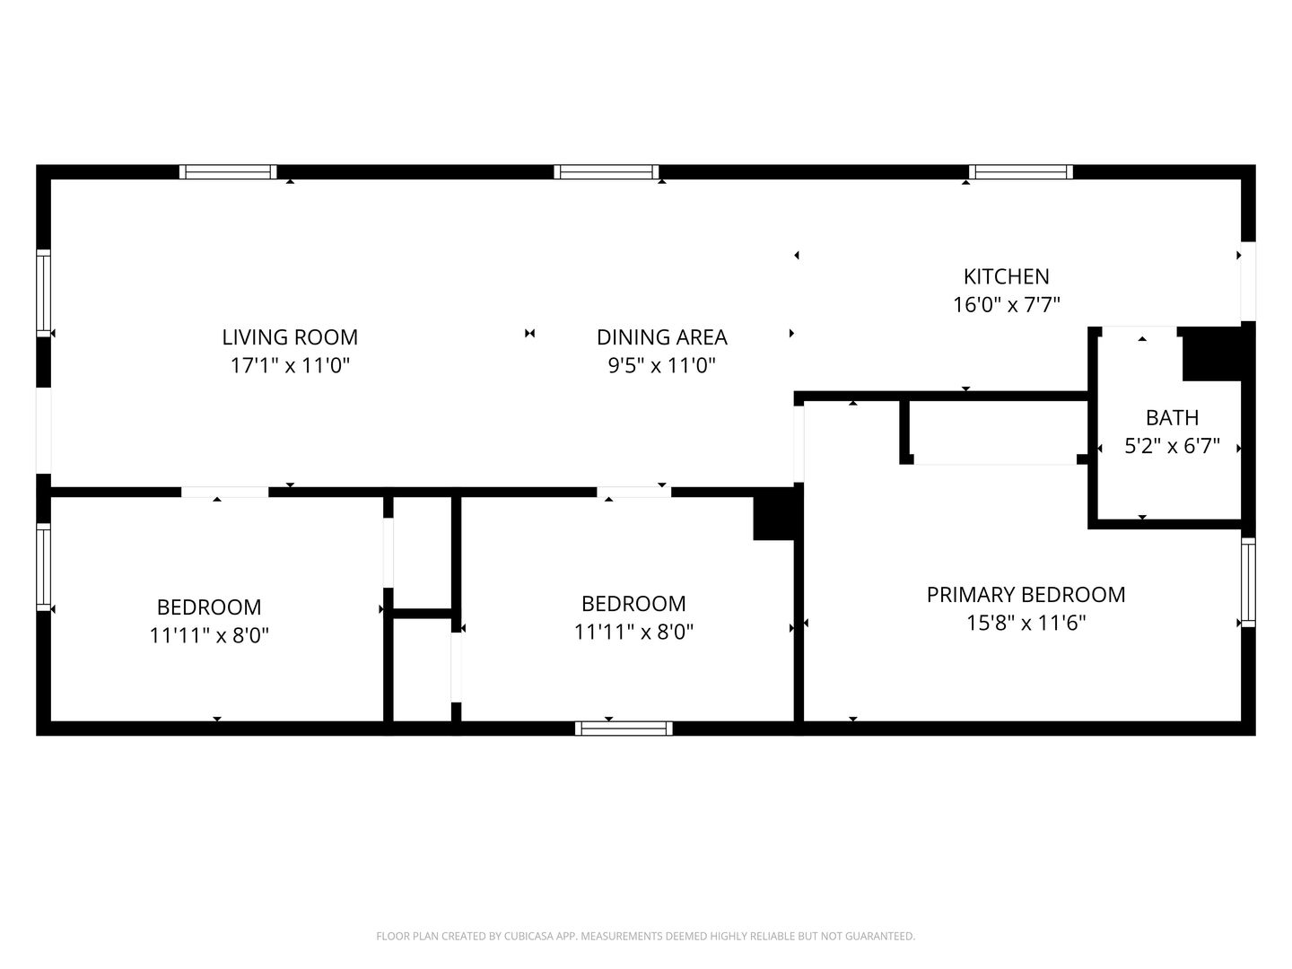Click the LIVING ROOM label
click(290, 337)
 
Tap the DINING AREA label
click(661, 337)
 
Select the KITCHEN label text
click(1006, 276)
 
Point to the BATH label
click(1172, 418)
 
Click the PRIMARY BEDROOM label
click(1026, 595)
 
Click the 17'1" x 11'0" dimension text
click(290, 365)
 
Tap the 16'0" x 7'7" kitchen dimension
click(1006, 305)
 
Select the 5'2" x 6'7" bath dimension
click(1172, 446)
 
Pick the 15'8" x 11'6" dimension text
click(1026, 623)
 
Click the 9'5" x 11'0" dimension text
click(661, 365)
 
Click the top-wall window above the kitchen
click(1021, 171)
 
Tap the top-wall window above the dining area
click(607, 171)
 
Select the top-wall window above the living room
click(228, 171)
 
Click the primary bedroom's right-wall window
click(1248, 582)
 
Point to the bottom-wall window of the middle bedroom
click(624, 729)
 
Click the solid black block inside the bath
click(1212, 354)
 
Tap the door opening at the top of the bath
click(1139, 331)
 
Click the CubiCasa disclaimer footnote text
click(646, 936)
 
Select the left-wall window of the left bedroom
click(44, 567)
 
